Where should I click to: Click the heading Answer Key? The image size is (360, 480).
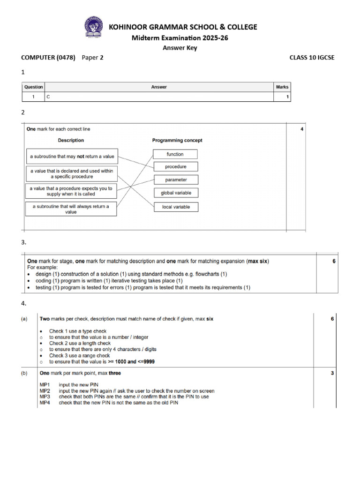pyautogui.click(x=180, y=47)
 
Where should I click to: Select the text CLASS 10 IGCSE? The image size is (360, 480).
pyautogui.click(x=312, y=58)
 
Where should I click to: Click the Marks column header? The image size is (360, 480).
pyautogui.click(x=282, y=87)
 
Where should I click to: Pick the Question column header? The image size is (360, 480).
pyautogui.click(x=33, y=87)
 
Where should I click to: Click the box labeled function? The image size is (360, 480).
pyautogui.click(x=175, y=154)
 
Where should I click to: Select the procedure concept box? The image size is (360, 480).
pyautogui.click(x=175, y=167)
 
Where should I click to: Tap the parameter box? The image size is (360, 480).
pyautogui.click(x=176, y=180)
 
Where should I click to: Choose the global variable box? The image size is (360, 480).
pyautogui.click(x=176, y=193)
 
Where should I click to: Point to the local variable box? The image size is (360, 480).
pyautogui.click(x=176, y=207)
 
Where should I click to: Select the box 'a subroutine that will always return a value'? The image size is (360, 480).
pyautogui.click(x=71, y=209)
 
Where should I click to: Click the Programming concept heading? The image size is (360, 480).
pyautogui.click(x=177, y=140)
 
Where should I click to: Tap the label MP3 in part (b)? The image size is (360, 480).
pyautogui.click(x=45, y=397)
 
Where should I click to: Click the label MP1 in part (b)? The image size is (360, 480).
pyautogui.click(x=45, y=385)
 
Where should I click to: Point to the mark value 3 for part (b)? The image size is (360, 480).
pyautogui.click(x=332, y=374)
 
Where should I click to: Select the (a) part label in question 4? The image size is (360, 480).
pyautogui.click(x=24, y=319)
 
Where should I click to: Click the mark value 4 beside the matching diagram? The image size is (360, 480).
pyautogui.click(x=302, y=129)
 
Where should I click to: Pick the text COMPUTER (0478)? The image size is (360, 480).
pyautogui.click(x=48, y=58)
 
